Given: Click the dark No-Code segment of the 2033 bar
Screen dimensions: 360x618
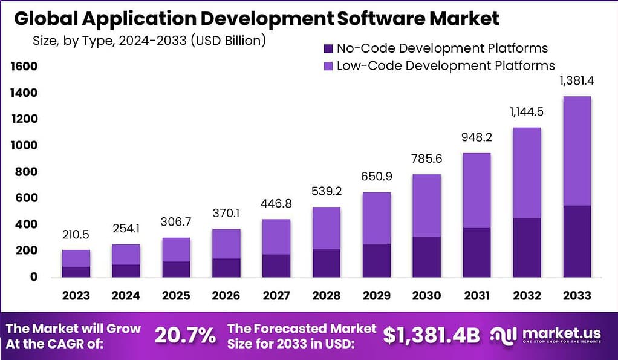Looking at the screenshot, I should (x=576, y=241).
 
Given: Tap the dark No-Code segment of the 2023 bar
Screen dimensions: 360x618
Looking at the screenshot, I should (x=76, y=271).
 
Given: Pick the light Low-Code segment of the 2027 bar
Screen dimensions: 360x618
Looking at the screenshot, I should (x=276, y=237).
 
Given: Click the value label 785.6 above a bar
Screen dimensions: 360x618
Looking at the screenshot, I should (x=426, y=160).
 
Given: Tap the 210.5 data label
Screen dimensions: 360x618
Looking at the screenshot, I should (x=76, y=235).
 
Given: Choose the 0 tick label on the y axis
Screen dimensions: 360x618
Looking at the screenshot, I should (x=34, y=277).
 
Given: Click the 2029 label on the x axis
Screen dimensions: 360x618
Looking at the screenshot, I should (x=376, y=296).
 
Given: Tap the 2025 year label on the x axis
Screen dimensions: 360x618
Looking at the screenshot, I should (x=175, y=296).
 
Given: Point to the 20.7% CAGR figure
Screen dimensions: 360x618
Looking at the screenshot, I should (x=185, y=335).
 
